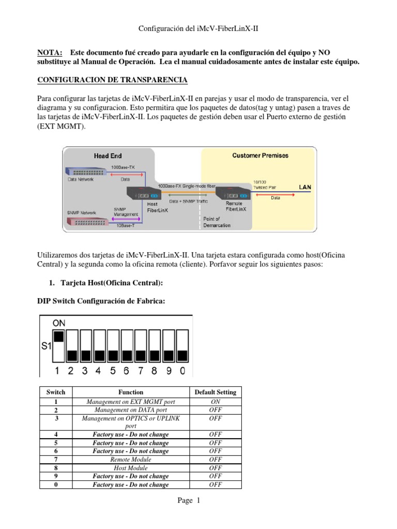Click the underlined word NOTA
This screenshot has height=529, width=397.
50,53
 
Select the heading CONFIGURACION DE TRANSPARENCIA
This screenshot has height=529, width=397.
113,80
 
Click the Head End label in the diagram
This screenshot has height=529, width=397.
108,155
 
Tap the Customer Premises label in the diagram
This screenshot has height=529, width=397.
260,155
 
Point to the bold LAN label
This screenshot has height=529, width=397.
306,187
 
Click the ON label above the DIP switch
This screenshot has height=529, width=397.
58,323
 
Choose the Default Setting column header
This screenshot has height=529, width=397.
215,392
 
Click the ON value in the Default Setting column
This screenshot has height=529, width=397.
215,401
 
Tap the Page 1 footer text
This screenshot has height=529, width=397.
198,500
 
